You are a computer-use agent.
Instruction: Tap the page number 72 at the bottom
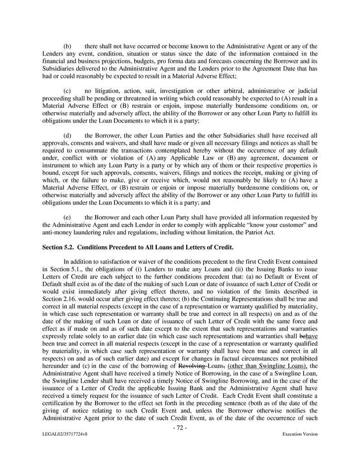coord(180,428)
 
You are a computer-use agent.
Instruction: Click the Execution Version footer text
coord(300,434)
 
